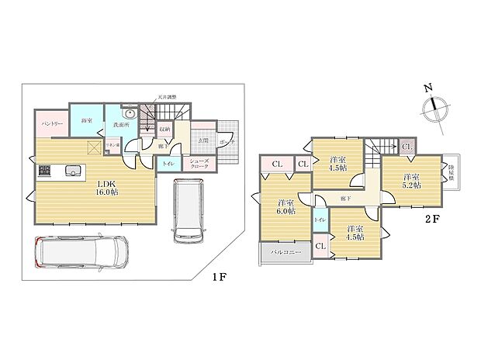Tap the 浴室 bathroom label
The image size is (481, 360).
(87, 120)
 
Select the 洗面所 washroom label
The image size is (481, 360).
(120, 125)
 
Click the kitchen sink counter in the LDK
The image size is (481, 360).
(72, 171)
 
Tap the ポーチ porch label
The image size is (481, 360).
(227, 143)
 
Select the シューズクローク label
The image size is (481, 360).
(202, 164)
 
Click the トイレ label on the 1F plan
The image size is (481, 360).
(168, 164)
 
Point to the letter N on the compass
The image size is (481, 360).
(429, 88)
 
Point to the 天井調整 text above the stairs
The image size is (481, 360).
(170, 97)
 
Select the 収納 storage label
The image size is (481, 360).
(164, 130)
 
